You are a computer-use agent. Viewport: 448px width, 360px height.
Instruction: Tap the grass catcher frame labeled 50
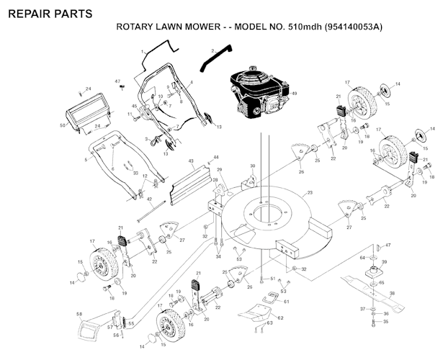coord(86,116)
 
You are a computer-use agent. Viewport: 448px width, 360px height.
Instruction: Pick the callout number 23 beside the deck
coord(309,193)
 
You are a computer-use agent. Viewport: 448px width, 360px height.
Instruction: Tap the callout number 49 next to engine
coord(294,94)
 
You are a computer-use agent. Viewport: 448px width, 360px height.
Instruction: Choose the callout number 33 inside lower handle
coord(135,173)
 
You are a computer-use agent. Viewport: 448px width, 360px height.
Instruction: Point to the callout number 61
coord(285,302)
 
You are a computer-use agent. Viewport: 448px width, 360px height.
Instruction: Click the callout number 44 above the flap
coord(215,157)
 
